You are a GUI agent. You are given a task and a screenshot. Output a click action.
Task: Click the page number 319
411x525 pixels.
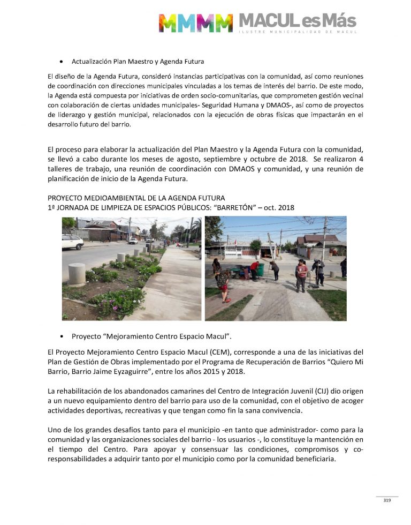(x=387, y=501)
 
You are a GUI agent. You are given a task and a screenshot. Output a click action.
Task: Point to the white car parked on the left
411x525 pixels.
(x=72, y=242)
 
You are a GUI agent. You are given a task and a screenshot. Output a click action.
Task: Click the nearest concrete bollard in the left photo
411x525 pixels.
(x=77, y=274)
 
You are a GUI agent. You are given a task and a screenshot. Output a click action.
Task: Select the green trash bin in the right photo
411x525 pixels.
(x=260, y=269)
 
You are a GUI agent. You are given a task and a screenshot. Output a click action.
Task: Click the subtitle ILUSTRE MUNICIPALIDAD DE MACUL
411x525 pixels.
(x=298, y=32)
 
